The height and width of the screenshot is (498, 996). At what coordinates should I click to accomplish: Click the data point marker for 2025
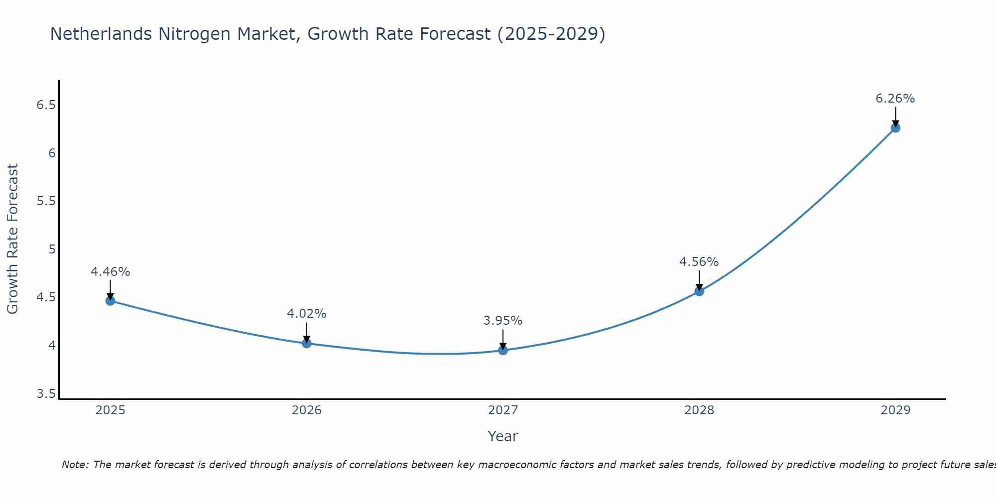tap(110, 301)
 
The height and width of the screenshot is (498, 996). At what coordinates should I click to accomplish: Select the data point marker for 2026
tap(306, 343)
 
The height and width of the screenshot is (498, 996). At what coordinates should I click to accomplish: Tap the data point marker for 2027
tap(503, 350)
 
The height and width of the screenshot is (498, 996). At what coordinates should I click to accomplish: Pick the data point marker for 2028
tap(699, 291)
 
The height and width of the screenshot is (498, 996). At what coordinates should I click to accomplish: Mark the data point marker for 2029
tap(895, 128)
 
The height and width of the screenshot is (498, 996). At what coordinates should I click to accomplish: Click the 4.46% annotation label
tap(110, 272)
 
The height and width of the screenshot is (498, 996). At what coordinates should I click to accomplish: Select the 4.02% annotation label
tap(306, 314)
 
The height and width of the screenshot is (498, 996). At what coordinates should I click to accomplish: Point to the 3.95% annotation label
tap(503, 321)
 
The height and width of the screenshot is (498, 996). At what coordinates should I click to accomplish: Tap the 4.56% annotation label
tap(699, 262)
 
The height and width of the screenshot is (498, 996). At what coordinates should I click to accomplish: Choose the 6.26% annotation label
tap(895, 99)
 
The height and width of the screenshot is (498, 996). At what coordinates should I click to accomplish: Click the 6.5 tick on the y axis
tap(46, 105)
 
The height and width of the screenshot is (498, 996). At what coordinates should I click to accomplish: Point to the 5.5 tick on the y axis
tap(46, 201)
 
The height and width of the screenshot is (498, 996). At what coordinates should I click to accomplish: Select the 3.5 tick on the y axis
tap(46, 394)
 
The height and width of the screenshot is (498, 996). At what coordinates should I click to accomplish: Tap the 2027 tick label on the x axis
tap(503, 410)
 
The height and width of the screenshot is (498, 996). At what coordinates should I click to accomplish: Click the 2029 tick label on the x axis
tap(895, 410)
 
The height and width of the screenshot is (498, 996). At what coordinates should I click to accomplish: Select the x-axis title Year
tap(503, 436)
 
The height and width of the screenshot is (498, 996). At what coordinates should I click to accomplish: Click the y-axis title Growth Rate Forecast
tap(12, 239)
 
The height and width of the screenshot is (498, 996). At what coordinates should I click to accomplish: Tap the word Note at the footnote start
tap(74, 465)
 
